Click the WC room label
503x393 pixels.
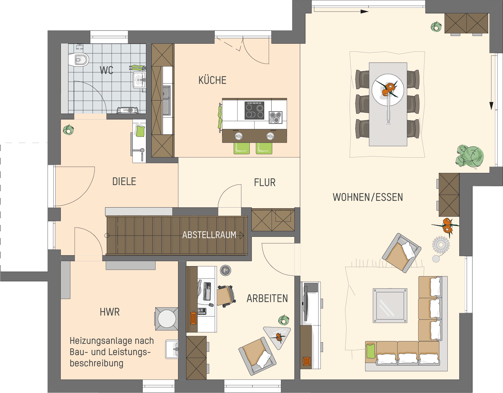106,70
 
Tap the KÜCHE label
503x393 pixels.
212,80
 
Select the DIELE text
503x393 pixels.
124,182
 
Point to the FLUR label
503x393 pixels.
265,183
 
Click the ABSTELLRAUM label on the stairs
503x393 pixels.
209,235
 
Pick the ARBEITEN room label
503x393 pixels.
267,299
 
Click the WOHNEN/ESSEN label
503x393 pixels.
368,197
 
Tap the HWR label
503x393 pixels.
110,312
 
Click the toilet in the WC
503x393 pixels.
79,60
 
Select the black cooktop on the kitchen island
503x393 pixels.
255,111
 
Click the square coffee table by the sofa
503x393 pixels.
390,306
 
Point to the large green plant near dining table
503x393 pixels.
470,156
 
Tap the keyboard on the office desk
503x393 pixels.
207,291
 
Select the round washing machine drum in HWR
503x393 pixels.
167,318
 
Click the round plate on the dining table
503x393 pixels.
388,90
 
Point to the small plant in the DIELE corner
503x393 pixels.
68,130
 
